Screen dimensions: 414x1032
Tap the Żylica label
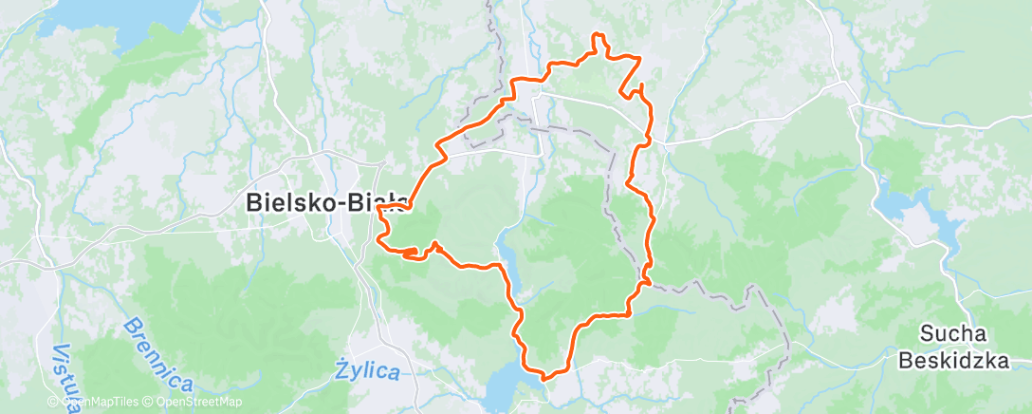tap(368, 371)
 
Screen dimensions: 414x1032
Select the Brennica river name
tap(157, 354)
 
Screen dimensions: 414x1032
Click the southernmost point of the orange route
tap(544, 378)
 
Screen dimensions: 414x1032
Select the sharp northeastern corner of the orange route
tap(640, 59)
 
